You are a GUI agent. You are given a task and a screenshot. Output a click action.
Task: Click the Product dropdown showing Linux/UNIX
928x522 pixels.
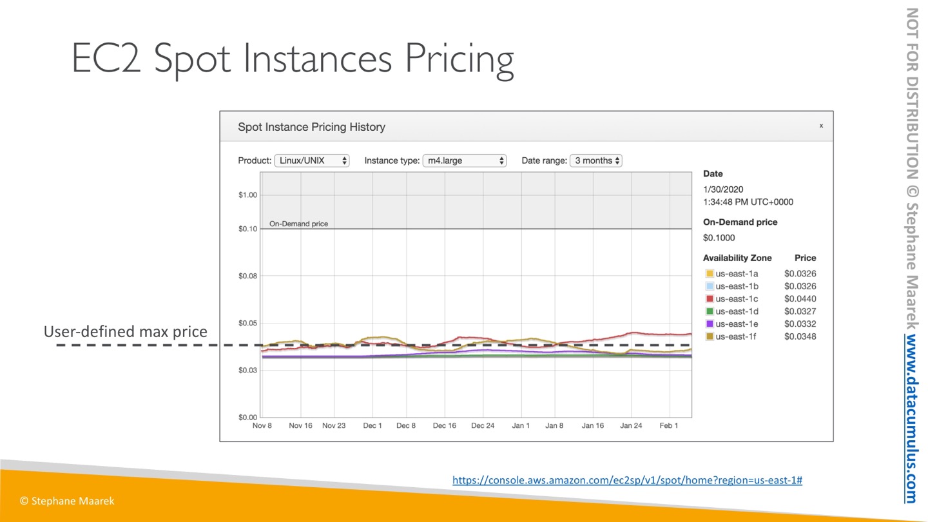(x=312, y=160)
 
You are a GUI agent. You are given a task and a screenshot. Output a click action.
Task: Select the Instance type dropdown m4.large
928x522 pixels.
(x=464, y=160)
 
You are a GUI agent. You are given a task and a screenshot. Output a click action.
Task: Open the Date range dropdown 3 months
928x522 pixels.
(x=596, y=160)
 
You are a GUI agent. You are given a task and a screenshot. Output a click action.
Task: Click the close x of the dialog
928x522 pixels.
(x=821, y=126)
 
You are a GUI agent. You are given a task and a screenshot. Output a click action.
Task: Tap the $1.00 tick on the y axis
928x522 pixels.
(x=248, y=195)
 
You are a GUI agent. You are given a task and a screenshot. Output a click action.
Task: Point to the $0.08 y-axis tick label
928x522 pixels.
(x=248, y=276)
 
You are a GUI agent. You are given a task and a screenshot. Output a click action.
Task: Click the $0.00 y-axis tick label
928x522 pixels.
(x=248, y=417)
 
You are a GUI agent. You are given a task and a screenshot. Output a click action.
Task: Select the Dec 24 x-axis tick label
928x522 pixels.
(x=483, y=426)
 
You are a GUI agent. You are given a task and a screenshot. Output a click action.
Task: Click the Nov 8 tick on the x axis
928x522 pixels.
(x=262, y=426)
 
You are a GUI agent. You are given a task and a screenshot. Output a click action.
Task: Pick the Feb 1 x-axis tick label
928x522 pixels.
(x=668, y=426)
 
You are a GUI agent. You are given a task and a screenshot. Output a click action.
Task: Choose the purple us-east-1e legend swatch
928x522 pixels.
(x=710, y=324)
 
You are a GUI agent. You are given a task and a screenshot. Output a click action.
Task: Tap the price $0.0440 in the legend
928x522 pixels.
(x=800, y=299)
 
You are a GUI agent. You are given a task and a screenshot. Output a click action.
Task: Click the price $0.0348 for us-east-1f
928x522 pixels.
(x=800, y=336)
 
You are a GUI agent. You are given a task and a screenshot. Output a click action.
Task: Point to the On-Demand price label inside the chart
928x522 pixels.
(x=298, y=224)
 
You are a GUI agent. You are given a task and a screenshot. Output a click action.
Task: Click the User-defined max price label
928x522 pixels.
(x=126, y=332)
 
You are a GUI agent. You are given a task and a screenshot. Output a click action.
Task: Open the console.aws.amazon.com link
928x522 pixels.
(x=627, y=480)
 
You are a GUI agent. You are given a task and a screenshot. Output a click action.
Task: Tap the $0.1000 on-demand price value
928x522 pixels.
(x=719, y=238)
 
